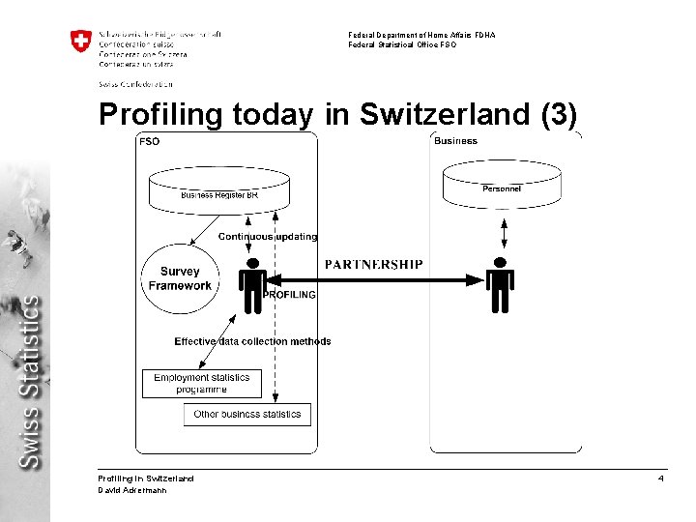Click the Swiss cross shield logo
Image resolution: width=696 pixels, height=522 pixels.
pyautogui.click(x=80, y=42)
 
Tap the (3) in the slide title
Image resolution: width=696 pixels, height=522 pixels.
pyautogui.click(x=555, y=114)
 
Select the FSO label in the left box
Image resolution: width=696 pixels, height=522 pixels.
pyautogui.click(x=150, y=141)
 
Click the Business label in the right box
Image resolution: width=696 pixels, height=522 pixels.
pyautogui.click(x=455, y=141)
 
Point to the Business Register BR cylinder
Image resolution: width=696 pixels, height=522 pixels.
pyautogui.click(x=219, y=188)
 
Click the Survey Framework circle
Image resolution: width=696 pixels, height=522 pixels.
pyautogui.click(x=180, y=278)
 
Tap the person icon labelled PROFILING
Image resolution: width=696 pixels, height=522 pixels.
pyautogui.click(x=252, y=285)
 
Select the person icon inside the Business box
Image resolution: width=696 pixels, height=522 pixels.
pyautogui.click(x=500, y=285)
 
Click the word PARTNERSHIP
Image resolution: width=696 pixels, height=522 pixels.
pyautogui.click(x=373, y=264)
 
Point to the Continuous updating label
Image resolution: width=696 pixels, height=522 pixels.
pyautogui.click(x=267, y=237)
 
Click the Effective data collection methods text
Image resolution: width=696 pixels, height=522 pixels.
pyautogui.click(x=252, y=341)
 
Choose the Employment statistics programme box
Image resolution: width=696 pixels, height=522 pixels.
pyautogui.click(x=201, y=384)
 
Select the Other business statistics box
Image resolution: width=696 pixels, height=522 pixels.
pyautogui.click(x=247, y=415)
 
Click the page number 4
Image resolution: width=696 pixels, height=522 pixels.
pyautogui.click(x=660, y=478)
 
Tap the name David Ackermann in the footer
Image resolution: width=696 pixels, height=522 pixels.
pyautogui.click(x=132, y=490)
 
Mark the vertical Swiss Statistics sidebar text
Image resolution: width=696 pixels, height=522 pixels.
pyautogui.click(x=31, y=382)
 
